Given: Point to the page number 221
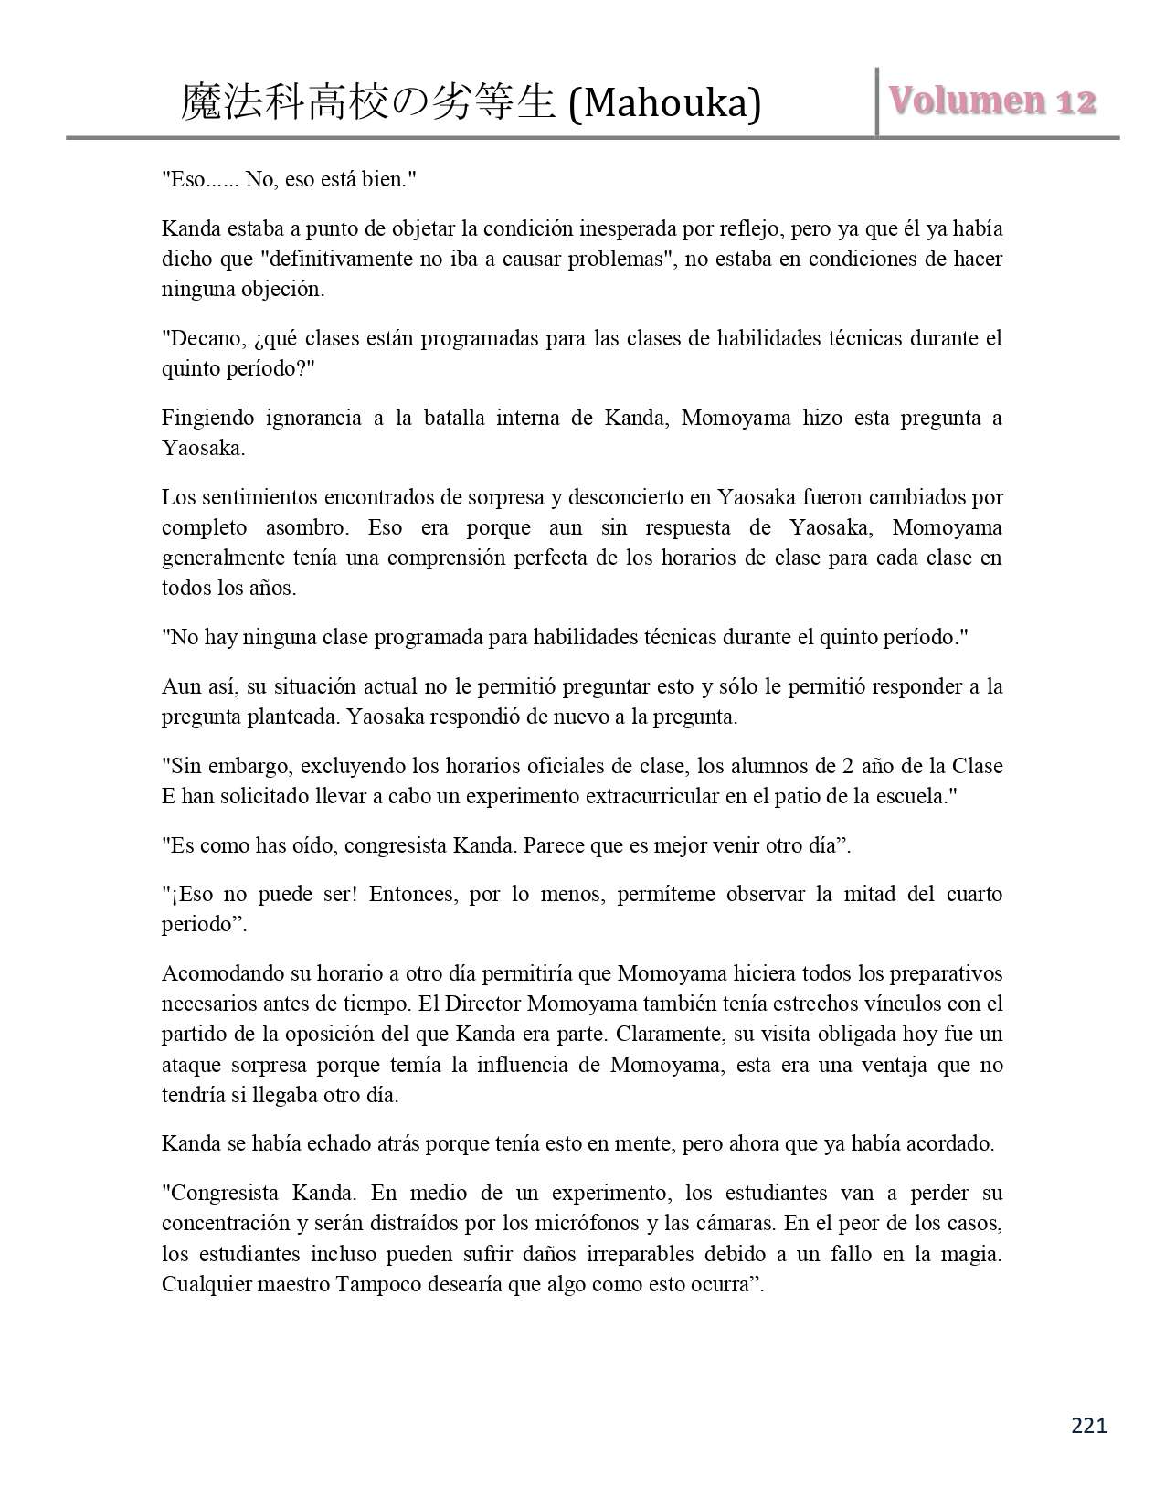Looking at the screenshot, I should (x=1088, y=1425).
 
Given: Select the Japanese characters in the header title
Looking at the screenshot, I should (x=367, y=102).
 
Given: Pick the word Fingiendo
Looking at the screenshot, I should (x=207, y=418).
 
